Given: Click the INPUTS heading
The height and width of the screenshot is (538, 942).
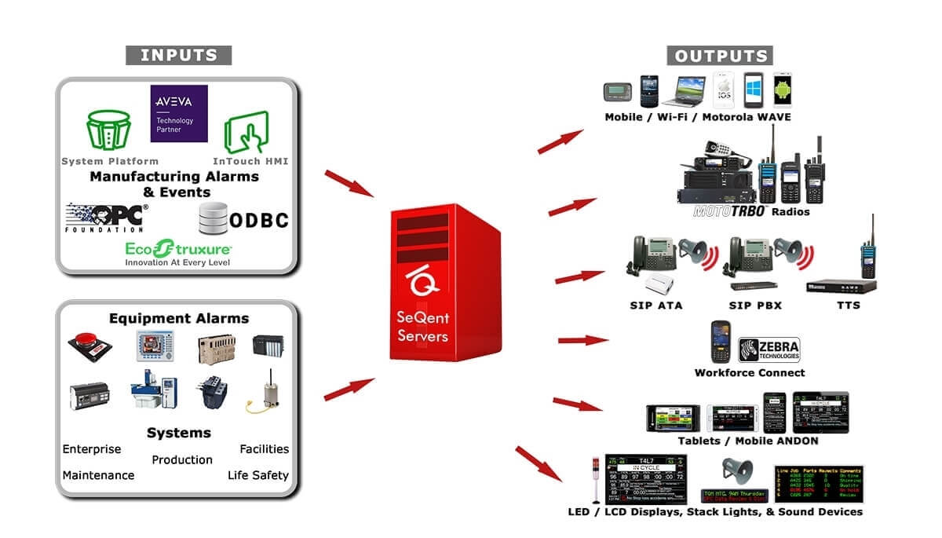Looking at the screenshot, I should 179,55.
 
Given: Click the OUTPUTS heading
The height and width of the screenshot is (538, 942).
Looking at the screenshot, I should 721,56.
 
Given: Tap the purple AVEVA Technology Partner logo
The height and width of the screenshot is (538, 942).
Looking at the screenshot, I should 179,113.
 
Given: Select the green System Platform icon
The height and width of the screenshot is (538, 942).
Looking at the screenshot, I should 109,132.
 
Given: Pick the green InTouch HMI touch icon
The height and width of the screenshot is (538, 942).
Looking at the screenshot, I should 246,132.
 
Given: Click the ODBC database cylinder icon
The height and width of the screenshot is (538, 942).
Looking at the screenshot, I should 212,218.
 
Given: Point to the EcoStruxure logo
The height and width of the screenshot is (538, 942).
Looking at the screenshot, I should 178,250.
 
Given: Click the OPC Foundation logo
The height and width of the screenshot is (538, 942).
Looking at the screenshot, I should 106,217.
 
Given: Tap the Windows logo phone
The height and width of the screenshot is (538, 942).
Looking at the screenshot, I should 755,90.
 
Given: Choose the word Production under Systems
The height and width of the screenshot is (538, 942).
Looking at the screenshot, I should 182,459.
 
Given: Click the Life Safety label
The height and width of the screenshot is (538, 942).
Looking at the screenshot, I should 258,475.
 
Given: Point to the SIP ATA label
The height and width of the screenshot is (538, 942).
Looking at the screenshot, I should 659,305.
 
